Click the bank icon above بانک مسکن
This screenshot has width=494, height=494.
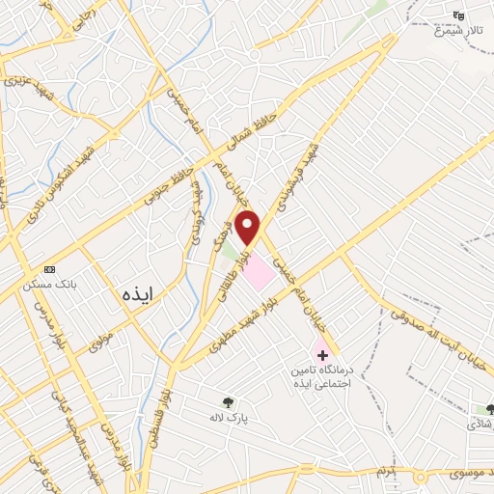50,269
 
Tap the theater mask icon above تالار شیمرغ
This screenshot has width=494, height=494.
460,15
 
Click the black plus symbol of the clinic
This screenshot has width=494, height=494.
322,356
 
